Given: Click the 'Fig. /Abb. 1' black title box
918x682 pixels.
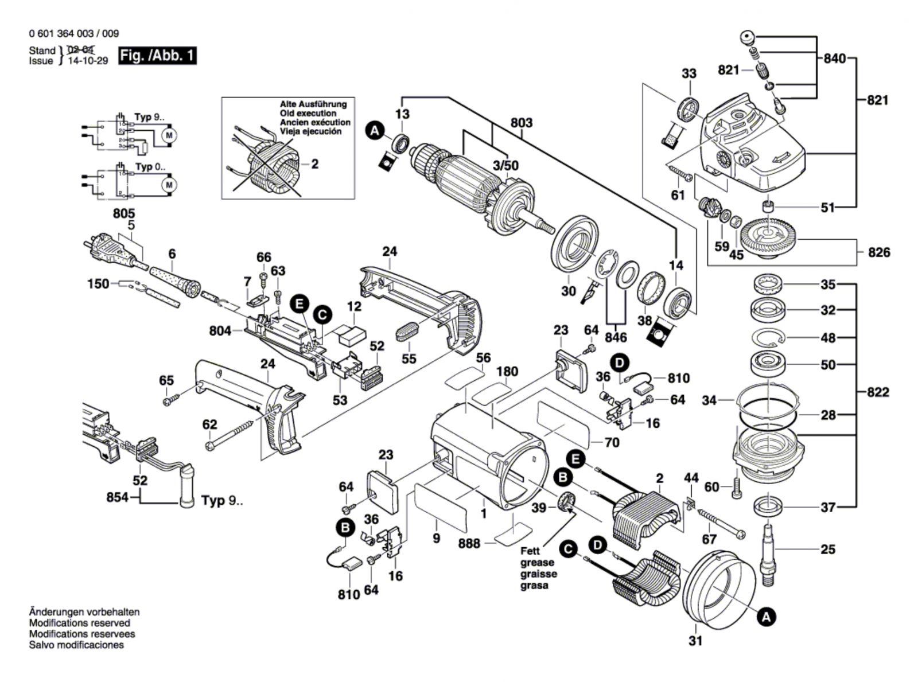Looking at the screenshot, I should click(157, 56).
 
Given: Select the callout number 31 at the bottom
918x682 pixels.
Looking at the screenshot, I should click(695, 641).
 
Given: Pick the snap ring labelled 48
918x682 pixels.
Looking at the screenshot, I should click(769, 338).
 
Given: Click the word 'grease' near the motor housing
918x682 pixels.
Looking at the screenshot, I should click(538, 563).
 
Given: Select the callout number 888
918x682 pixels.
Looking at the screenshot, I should click(469, 543).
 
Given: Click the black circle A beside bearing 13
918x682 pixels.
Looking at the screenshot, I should click(375, 131).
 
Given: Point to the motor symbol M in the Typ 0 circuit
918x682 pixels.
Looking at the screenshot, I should click(169, 185).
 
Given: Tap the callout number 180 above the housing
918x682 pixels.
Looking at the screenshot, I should click(507, 372).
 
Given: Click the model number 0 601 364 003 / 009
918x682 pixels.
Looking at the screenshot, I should click(74, 34).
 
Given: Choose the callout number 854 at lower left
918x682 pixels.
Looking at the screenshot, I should click(118, 497).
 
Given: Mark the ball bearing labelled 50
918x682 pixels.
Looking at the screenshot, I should click(769, 364).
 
